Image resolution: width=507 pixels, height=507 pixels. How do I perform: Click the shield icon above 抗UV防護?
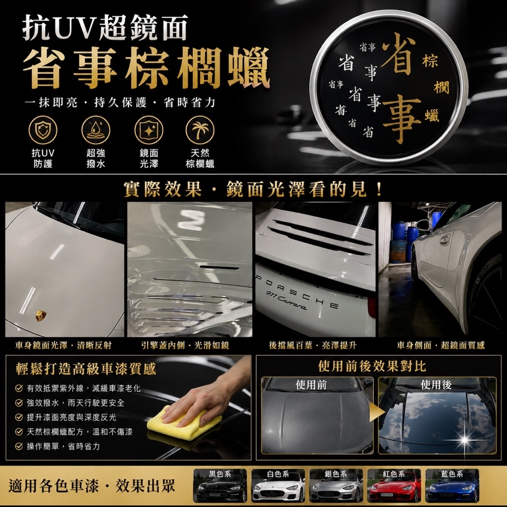[x=43, y=130]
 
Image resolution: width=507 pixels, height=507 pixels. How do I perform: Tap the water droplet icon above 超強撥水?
[x=96, y=130]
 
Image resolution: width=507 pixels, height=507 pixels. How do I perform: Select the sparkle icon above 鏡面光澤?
[x=149, y=130]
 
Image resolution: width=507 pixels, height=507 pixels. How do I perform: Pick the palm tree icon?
[x=200, y=130]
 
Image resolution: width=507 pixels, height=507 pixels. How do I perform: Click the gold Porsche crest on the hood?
[x=41, y=315]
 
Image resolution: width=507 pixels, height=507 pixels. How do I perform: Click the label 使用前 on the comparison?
[x=311, y=385]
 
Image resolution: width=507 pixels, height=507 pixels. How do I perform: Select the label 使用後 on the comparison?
[x=436, y=385]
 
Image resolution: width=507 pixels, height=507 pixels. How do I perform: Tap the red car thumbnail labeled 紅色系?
[x=394, y=486]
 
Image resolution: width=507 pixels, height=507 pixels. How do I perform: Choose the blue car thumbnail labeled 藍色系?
[x=452, y=486]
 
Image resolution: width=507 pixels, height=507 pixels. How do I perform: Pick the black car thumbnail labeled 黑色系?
[x=220, y=486]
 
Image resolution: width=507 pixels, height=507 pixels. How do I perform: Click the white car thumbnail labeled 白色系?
[x=278, y=486]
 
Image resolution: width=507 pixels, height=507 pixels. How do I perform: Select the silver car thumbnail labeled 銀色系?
[x=336, y=486]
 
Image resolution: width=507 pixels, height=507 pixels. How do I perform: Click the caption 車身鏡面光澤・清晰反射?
[x=63, y=345]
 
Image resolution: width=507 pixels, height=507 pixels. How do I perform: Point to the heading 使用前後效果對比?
[x=372, y=366]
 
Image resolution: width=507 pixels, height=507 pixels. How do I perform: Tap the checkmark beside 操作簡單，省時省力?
[x=19, y=446]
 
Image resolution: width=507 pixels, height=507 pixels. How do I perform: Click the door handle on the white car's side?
[x=445, y=240]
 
